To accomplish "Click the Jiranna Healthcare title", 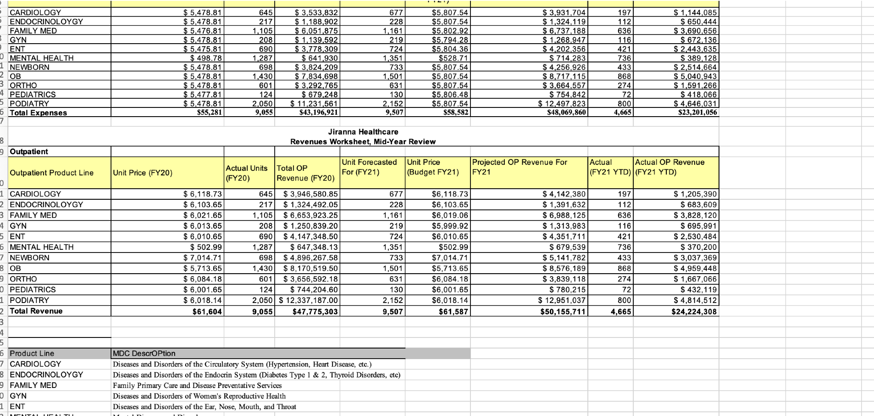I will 363,132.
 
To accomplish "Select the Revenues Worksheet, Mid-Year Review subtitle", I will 363,142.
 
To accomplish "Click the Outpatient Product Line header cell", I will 52,173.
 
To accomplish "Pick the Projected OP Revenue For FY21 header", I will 520,167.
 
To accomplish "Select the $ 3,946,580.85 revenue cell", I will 310,194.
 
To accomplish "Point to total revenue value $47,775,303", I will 315,312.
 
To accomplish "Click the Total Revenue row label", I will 36,311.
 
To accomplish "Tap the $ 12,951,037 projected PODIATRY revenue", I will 562,300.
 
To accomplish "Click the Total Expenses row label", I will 38,113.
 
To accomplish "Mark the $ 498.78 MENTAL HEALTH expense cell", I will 206,58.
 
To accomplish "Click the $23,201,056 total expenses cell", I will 697,112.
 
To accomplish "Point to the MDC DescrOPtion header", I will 144,354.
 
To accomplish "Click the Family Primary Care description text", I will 197,386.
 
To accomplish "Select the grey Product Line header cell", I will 32,354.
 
